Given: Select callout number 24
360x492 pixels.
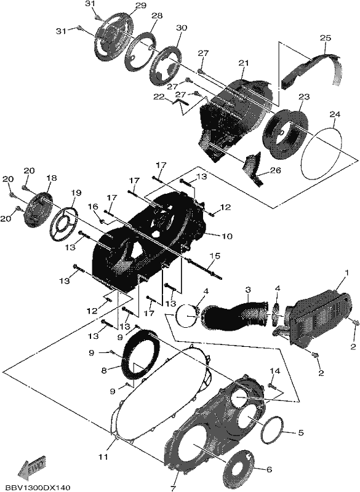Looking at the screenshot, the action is [335, 114].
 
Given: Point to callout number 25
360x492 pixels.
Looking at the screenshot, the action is [325, 38].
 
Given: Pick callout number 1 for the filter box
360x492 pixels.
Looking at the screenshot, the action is [346, 272].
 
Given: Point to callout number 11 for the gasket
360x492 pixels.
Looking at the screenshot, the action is [103, 456].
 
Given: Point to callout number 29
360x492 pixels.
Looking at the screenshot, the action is [140, 6].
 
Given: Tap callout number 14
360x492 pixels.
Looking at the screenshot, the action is [275, 371].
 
